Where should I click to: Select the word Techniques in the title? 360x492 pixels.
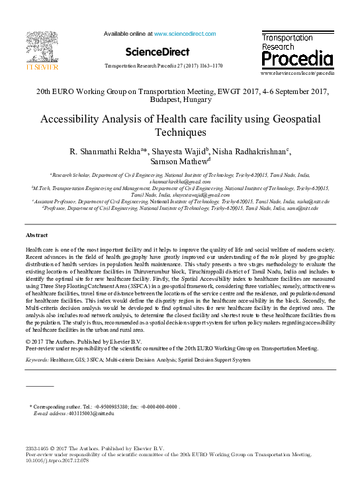pyautogui.click(x=180, y=132)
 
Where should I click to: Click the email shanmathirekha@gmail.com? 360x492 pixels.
pyautogui.click(x=180, y=181)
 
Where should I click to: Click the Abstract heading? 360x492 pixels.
pyautogui.click(x=36, y=236)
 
